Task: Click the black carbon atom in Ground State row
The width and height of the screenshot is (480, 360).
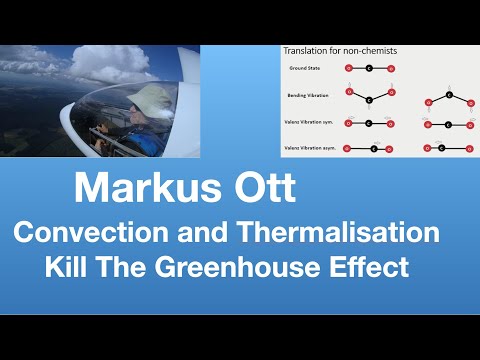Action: click(369, 68)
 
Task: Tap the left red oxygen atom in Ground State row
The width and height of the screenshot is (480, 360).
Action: click(348, 68)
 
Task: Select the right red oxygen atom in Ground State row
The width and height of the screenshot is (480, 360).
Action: click(390, 68)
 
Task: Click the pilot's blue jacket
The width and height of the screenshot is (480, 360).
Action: click(150, 140)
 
